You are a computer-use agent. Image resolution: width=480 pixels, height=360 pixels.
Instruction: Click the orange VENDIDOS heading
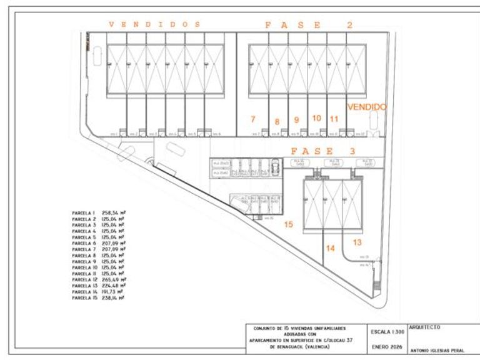tap(154, 24)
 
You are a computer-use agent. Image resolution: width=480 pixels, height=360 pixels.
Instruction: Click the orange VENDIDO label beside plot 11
tap(367, 107)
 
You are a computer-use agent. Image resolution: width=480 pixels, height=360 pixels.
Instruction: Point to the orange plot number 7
tap(252, 119)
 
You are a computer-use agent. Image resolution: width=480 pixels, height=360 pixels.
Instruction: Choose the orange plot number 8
tap(277, 122)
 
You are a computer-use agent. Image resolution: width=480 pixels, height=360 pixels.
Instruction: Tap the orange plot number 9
tap(297, 119)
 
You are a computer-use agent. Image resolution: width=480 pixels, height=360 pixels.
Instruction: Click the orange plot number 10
tap(316, 117)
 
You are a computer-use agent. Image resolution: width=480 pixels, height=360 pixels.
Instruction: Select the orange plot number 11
tap(334, 118)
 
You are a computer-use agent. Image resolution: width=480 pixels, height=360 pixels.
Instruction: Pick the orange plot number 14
tap(331, 248)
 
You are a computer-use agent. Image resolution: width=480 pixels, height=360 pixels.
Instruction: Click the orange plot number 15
tap(288, 223)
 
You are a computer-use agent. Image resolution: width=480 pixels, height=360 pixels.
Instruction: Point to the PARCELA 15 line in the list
tap(98, 298)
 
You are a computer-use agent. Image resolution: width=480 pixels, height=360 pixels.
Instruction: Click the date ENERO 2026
tap(385, 346)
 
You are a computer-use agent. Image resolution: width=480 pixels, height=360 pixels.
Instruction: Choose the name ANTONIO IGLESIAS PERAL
tap(437, 350)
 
